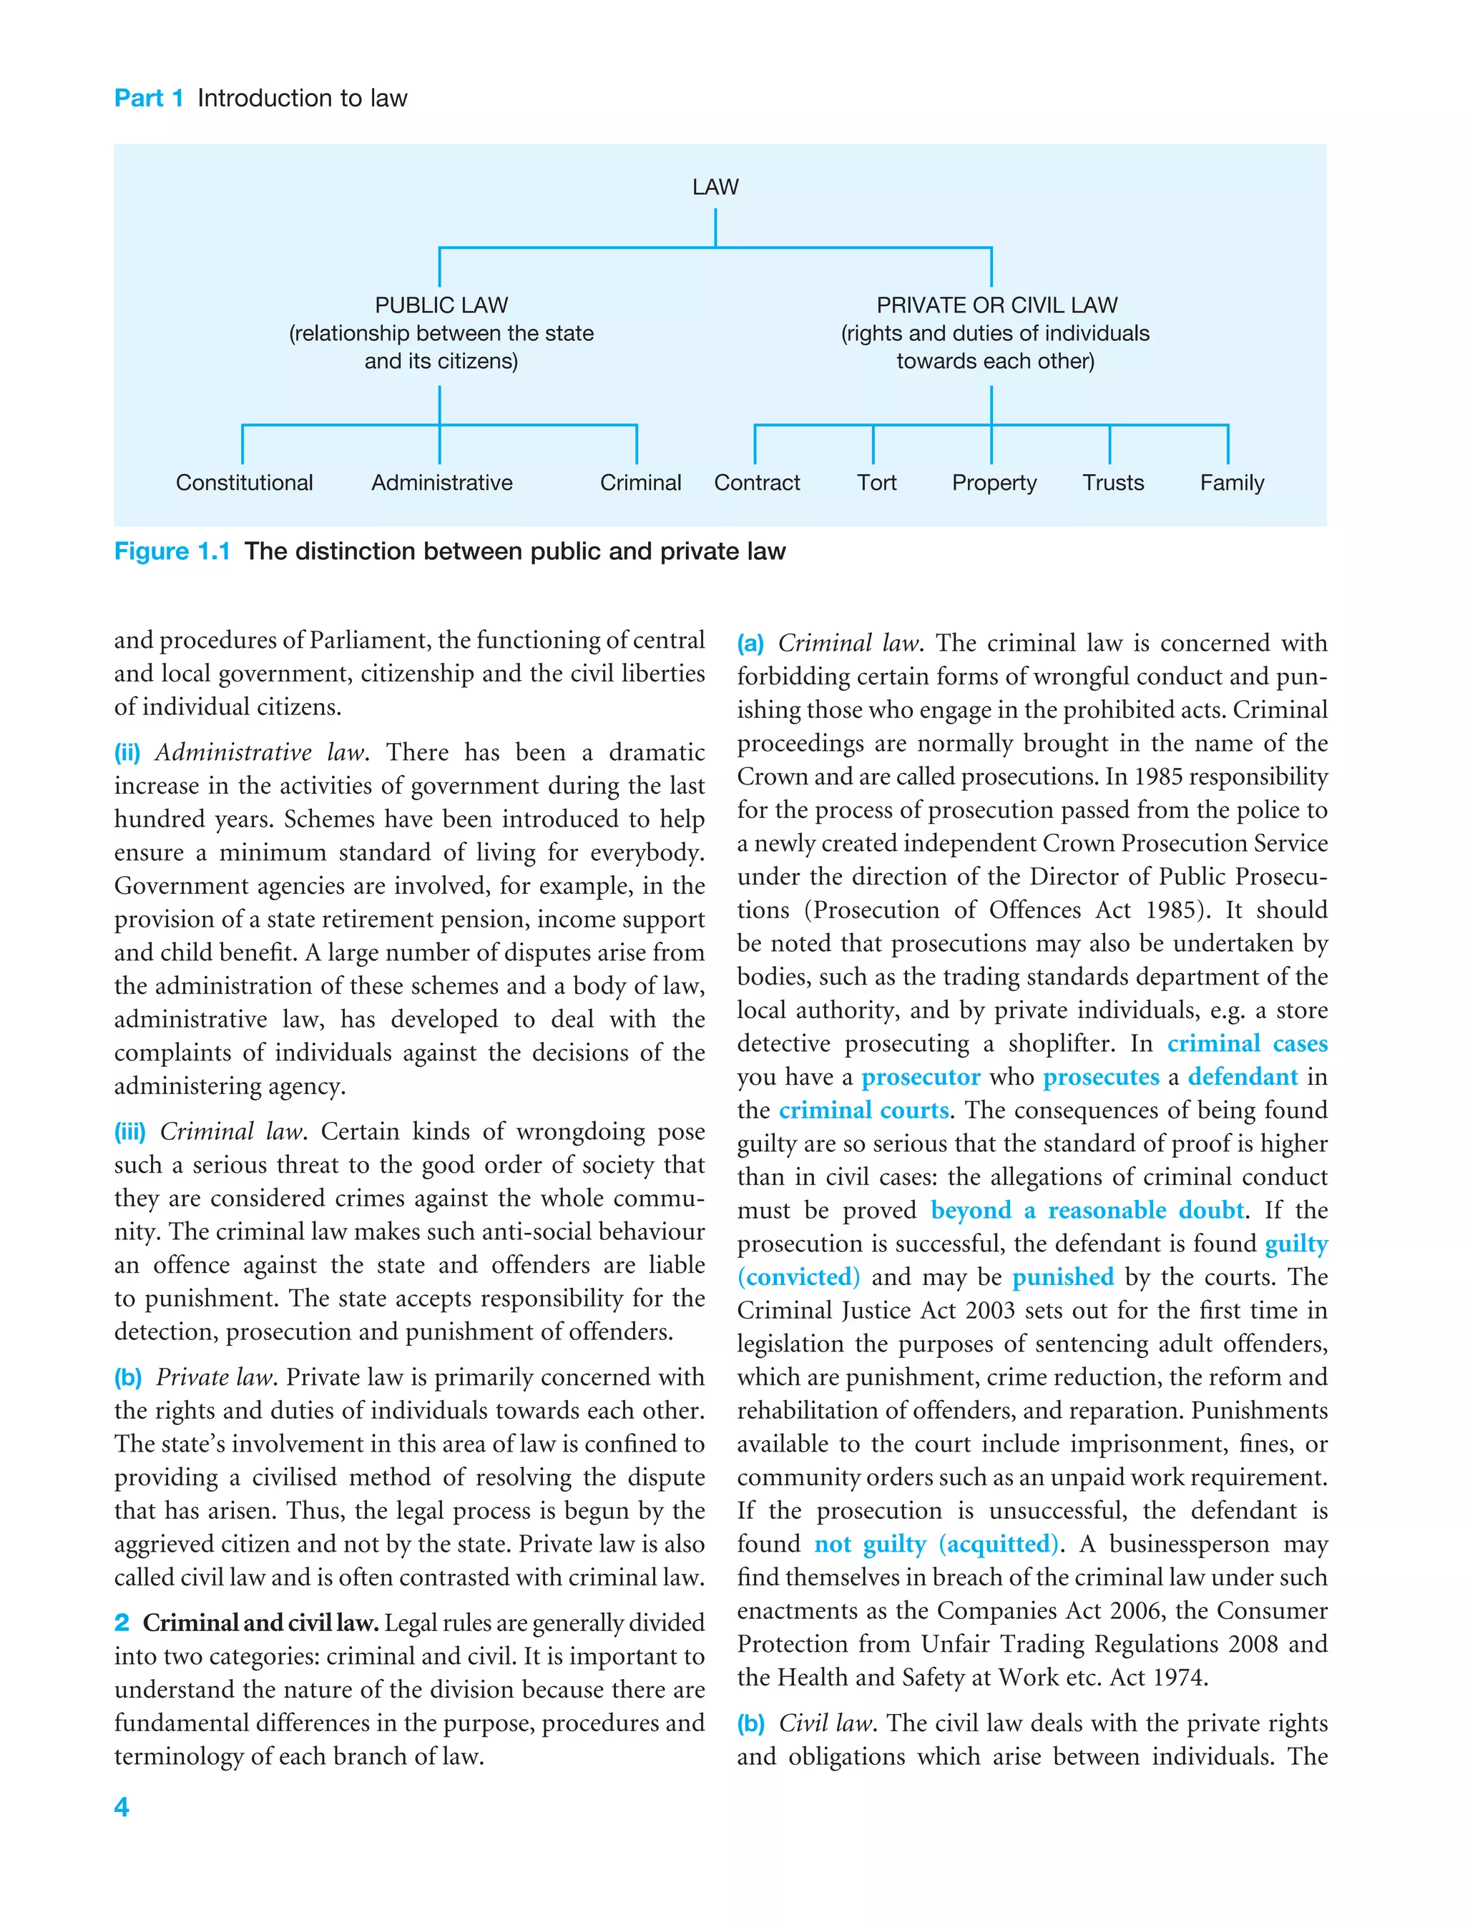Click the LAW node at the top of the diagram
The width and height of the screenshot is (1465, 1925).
715,187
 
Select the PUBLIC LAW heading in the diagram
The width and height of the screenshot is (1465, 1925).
441,305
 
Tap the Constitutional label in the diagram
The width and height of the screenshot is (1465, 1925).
244,483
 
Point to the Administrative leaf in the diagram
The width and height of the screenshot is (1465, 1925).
441,483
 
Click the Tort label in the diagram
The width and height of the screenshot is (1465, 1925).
876,483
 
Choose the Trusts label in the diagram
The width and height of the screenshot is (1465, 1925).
1113,483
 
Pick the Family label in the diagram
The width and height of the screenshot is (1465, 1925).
1231,483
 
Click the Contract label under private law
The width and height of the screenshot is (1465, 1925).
756,483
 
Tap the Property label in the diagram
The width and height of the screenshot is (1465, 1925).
994,483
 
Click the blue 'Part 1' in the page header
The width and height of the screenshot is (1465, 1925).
148,98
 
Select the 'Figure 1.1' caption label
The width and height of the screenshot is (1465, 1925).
172,551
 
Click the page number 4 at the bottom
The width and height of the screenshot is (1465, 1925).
121,1806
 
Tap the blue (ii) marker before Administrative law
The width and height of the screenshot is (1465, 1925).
127,753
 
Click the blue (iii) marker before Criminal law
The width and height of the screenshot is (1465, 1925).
130,1132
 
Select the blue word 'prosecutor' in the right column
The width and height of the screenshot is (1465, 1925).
921,1078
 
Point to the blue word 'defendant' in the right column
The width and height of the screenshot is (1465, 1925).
1243,1078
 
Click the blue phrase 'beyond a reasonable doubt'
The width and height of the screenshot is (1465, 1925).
1087,1211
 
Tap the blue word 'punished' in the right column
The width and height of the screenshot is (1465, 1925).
1062,1277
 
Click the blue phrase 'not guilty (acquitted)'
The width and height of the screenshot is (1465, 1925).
937,1545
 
